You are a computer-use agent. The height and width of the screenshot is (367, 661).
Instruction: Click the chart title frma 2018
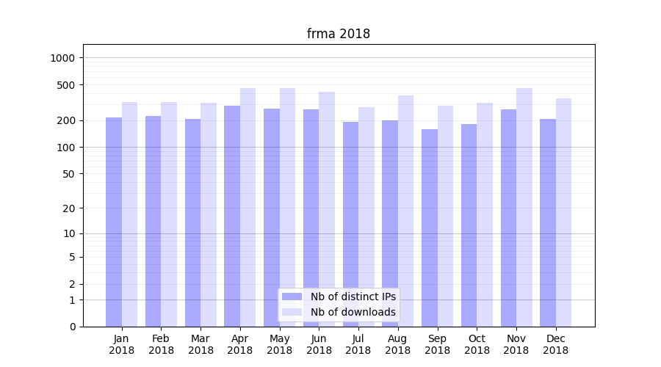tap(338, 34)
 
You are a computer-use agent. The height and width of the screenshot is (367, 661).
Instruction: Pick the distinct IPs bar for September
tap(430, 228)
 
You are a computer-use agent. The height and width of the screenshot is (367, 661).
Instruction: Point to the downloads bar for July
tap(366, 217)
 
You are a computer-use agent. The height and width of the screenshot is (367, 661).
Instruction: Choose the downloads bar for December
tap(564, 212)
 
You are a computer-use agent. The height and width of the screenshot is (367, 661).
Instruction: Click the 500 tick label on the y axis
tap(67, 85)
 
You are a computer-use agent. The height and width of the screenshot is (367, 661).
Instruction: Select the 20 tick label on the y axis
tap(70, 208)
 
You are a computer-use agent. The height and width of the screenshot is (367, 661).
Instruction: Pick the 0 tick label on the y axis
tap(72, 327)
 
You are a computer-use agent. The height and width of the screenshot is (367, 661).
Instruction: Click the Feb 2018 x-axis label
tap(161, 344)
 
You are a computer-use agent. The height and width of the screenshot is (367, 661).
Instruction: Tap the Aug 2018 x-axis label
tap(397, 344)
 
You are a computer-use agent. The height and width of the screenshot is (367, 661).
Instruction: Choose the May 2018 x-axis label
tap(279, 344)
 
